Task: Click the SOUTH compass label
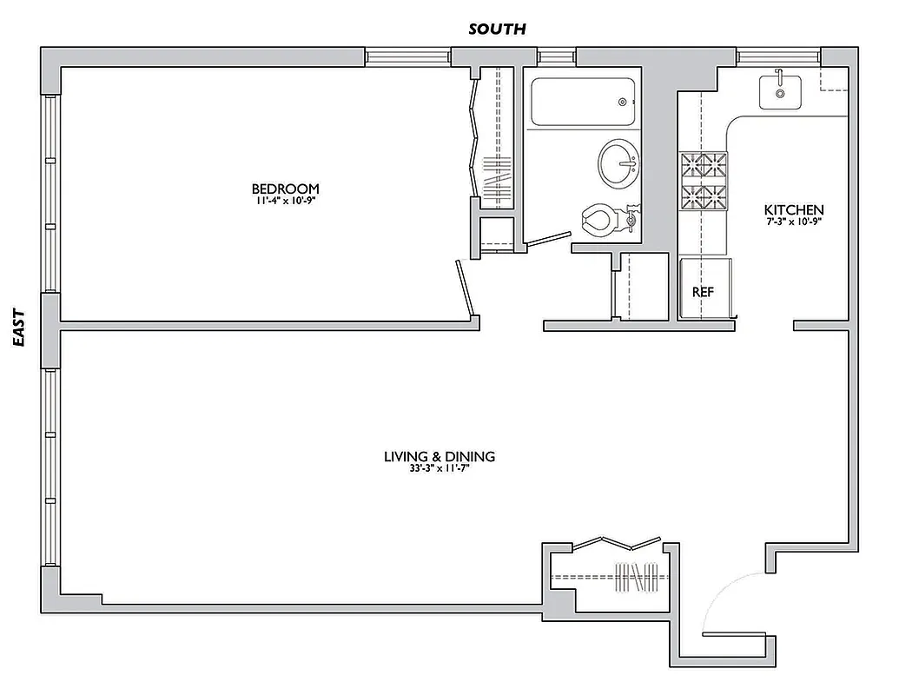pos(497,29)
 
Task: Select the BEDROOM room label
pos(285,189)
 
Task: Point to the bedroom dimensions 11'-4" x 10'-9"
pos(285,202)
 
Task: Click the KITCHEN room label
pos(793,209)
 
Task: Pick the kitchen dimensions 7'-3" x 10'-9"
pos(793,222)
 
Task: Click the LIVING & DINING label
pos(440,456)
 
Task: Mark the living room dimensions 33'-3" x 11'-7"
pos(440,469)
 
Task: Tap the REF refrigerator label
pos(702,292)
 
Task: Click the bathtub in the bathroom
pos(582,103)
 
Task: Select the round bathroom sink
pos(618,162)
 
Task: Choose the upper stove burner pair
pos(704,164)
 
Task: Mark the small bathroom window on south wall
pos(551,57)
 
